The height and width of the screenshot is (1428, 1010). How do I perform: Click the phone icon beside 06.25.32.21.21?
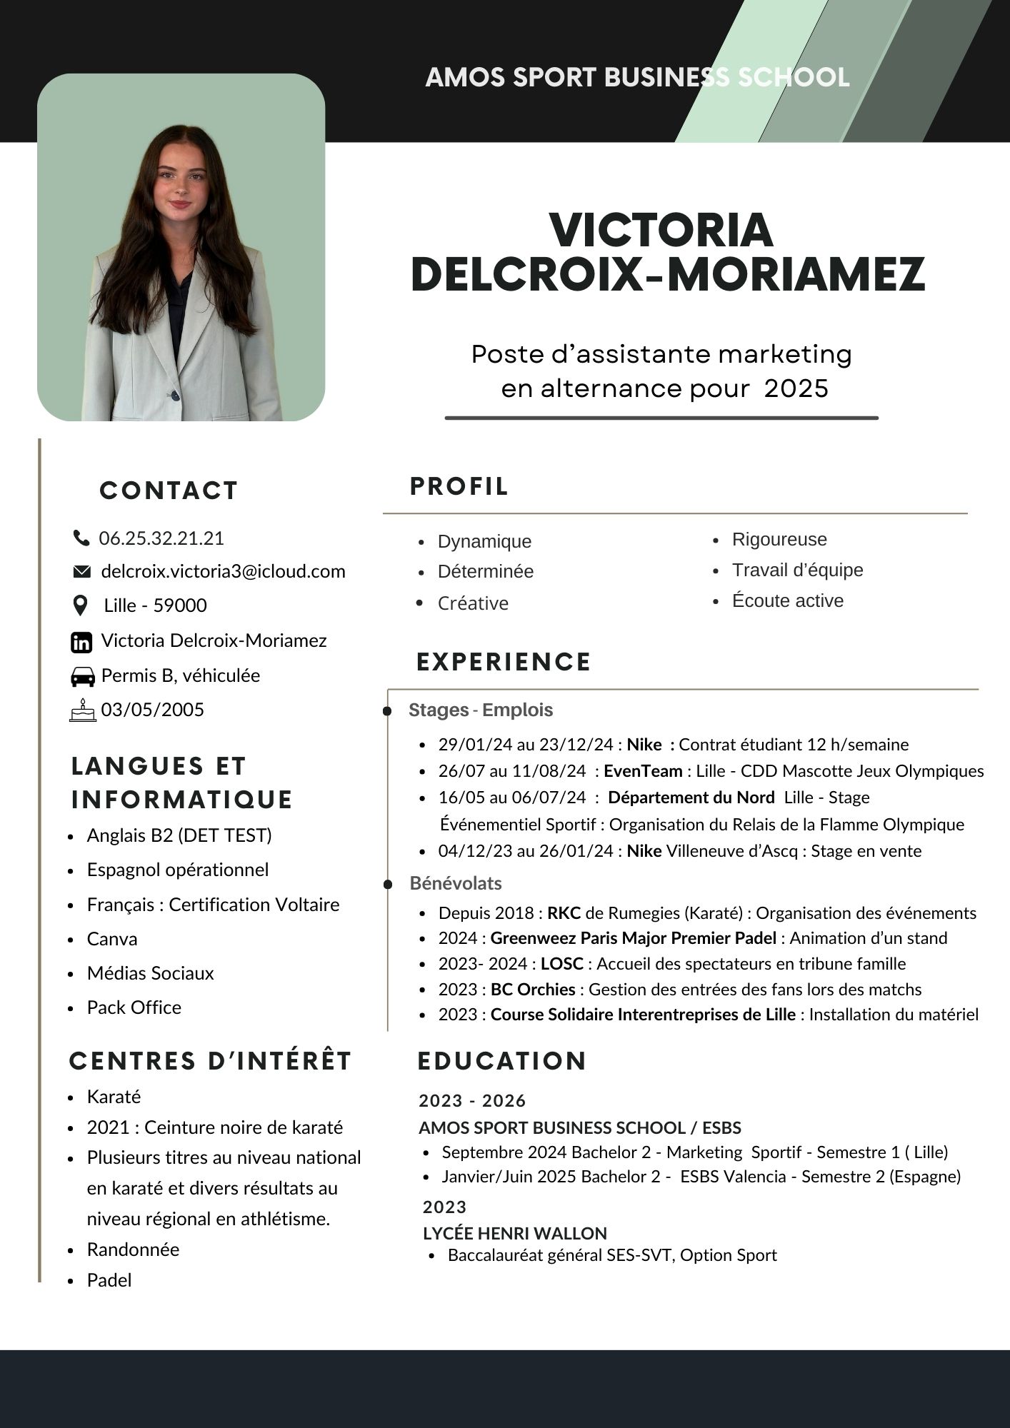click(81, 538)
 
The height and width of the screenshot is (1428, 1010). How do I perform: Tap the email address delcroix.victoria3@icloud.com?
click(223, 571)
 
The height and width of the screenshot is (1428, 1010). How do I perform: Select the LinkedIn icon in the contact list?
click(81, 642)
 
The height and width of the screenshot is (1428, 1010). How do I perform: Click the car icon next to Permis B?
click(83, 676)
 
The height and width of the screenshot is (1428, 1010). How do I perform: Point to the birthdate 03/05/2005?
click(152, 710)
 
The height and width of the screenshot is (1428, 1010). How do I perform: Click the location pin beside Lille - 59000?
click(81, 606)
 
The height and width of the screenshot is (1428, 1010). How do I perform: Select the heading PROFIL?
click(459, 486)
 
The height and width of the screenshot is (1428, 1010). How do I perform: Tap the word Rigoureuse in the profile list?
click(779, 540)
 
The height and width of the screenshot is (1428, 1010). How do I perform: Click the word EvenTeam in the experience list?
click(643, 771)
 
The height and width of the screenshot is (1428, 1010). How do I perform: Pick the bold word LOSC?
click(561, 964)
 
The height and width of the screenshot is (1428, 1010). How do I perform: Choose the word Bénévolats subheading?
click(456, 883)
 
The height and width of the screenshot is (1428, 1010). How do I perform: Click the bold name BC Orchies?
click(533, 990)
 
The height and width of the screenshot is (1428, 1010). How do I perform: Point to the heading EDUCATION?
click(501, 1061)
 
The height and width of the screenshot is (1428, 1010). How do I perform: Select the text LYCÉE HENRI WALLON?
click(514, 1233)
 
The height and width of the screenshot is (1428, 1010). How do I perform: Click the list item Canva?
click(112, 939)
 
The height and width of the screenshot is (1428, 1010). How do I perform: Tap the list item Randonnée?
click(133, 1249)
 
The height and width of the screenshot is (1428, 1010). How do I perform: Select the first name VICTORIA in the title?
click(661, 231)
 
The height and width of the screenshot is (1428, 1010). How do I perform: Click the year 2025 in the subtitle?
click(796, 388)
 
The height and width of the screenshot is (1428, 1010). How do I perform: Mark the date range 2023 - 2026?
click(472, 1100)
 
